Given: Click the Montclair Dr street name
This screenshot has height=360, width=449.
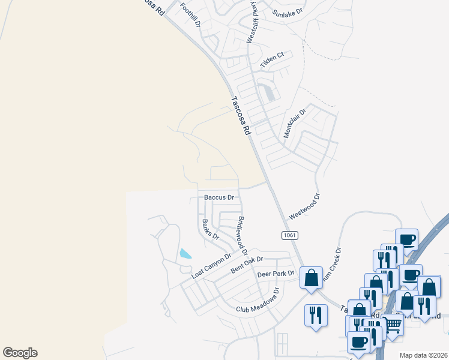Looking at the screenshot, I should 295,123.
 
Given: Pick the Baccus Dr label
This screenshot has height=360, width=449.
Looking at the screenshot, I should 218,197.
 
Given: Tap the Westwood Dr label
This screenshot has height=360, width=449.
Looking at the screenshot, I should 305,206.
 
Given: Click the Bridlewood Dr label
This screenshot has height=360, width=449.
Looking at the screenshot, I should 243,235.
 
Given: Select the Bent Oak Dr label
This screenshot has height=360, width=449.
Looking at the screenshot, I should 247,266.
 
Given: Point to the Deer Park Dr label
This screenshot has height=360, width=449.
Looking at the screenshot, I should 276,274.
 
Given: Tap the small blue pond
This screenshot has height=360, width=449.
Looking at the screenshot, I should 185,254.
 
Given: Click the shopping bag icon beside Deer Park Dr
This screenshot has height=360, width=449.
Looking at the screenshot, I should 311,278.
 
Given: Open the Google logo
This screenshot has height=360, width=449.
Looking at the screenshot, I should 20,353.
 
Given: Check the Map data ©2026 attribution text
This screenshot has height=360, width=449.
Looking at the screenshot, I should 423,355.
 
